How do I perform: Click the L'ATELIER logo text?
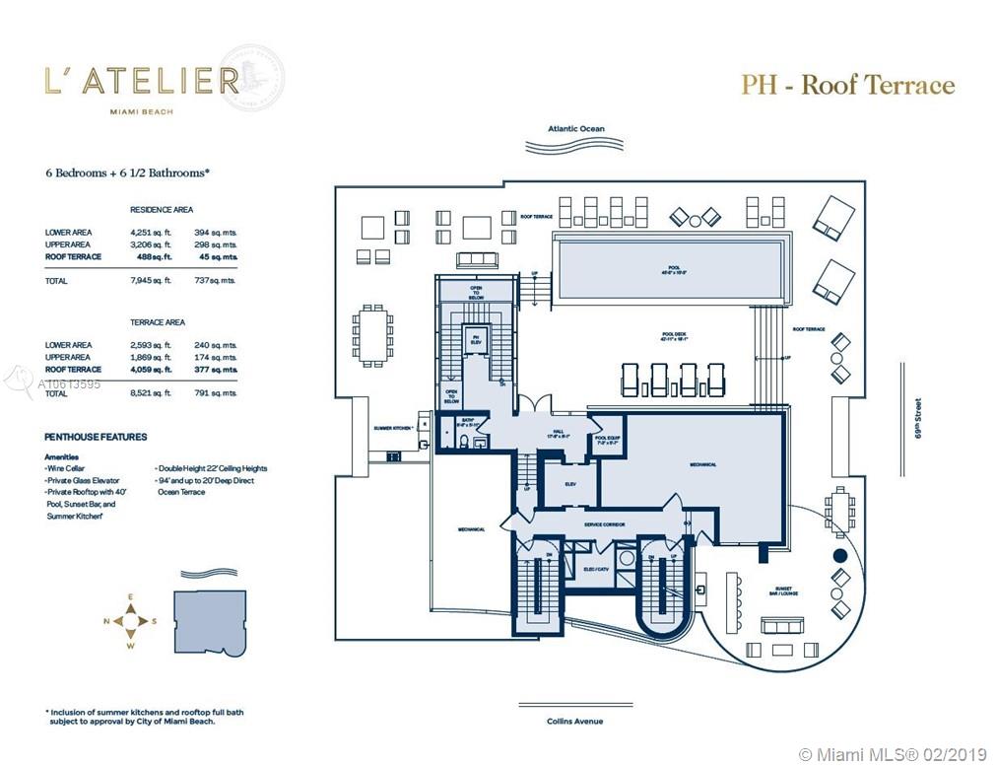142,81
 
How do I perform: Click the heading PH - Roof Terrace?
847,85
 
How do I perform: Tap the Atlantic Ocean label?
576,129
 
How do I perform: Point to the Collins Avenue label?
575,721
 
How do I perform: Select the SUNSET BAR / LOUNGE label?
785,590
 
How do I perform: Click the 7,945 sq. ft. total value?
153,281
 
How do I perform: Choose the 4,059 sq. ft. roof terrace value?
153,369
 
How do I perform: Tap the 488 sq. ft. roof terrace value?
153,256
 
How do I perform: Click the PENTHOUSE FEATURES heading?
96,436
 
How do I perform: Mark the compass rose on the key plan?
129,621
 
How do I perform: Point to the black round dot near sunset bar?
839,556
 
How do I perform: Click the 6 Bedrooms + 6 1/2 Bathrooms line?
127,172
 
